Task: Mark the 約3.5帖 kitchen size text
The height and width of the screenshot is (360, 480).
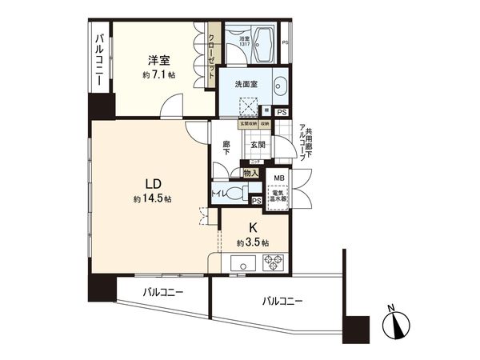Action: click(x=253, y=242)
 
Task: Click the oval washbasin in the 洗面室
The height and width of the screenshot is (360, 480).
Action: click(x=279, y=86)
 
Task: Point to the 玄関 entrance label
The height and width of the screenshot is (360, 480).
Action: click(x=257, y=145)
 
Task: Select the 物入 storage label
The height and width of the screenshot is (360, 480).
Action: click(x=250, y=173)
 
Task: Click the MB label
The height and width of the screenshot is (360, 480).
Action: click(x=279, y=178)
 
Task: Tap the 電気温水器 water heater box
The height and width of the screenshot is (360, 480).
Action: click(x=279, y=197)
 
